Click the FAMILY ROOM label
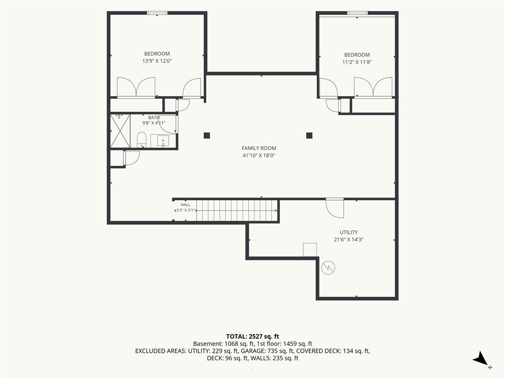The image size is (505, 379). [258, 148]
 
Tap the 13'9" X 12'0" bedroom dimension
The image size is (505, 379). [157, 61]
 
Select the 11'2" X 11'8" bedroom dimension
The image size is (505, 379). [357, 62]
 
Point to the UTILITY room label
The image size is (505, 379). [349, 232]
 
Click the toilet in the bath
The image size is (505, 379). [142, 140]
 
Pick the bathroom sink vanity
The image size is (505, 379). [163, 141]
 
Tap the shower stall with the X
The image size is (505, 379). [120, 130]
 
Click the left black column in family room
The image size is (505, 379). [207, 135]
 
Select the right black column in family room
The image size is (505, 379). [309, 135]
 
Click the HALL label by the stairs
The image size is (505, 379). [185, 205]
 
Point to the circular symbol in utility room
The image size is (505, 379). [328, 267]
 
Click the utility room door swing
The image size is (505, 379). [335, 209]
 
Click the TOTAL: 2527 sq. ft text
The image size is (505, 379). [252, 337]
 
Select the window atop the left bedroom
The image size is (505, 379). [157, 13]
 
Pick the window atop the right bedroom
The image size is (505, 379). [357, 13]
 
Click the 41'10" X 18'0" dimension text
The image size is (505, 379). [258, 155]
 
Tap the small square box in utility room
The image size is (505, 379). [310, 250]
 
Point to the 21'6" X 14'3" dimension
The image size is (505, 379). [349, 239]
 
